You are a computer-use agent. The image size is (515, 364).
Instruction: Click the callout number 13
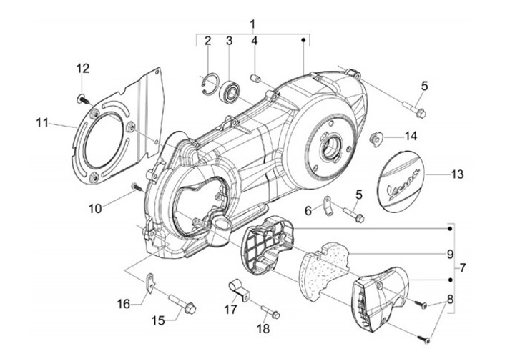[x=457, y=174]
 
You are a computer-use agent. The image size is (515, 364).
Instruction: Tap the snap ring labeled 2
[x=209, y=85]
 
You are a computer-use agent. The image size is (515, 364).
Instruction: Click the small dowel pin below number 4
[x=255, y=79]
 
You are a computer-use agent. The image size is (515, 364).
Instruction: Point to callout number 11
[x=42, y=123]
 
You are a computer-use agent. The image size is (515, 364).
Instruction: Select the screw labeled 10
[x=137, y=187]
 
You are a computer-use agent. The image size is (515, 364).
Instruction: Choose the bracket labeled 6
[x=328, y=206]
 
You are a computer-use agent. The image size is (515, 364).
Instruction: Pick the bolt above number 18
[x=271, y=311]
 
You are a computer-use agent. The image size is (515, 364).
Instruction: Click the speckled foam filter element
[x=323, y=267]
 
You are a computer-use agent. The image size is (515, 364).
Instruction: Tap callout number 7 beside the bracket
[x=462, y=268]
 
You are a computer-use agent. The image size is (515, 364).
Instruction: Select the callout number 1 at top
[x=252, y=24]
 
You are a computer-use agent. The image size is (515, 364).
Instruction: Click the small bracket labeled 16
[x=150, y=282]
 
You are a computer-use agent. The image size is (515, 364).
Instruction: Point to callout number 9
[x=450, y=254]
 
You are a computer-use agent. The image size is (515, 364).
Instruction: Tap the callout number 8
[x=450, y=300]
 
